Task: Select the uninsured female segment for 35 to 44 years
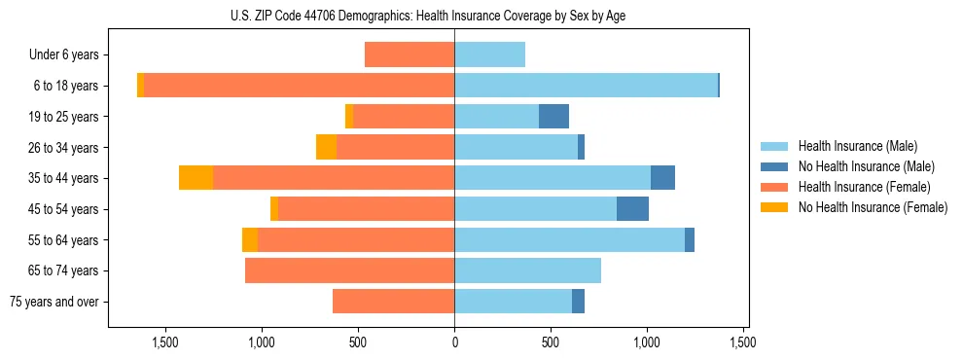[x=196, y=178]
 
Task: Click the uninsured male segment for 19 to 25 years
[x=553, y=117]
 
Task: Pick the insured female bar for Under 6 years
[x=410, y=54]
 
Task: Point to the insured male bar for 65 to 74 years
[x=527, y=270]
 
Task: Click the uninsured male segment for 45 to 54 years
[x=632, y=209]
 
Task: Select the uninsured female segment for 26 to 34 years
[x=326, y=147]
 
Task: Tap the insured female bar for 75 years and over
[x=393, y=302]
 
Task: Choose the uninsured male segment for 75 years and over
[x=578, y=302]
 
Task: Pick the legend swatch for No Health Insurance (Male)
[x=775, y=166]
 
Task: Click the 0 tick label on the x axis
[x=454, y=343]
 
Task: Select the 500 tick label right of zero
[x=551, y=343]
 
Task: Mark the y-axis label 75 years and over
[x=54, y=302]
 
